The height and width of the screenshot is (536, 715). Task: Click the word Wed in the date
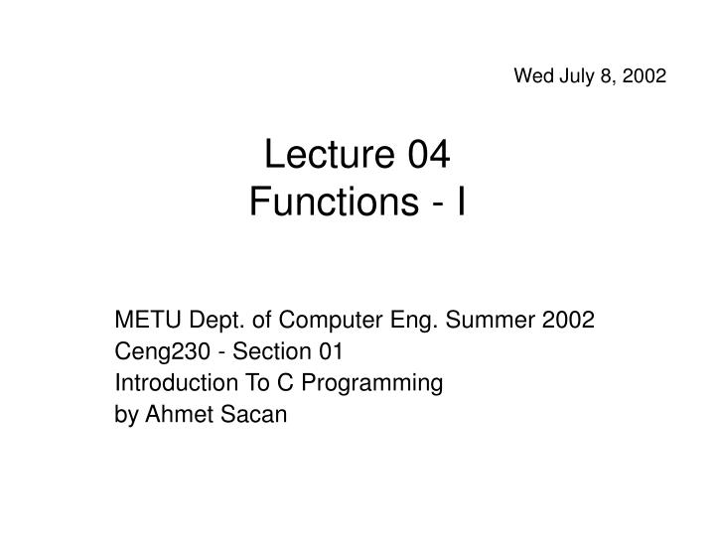pyautogui.click(x=531, y=74)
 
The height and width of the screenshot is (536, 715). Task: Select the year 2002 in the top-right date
pyautogui.click(x=644, y=74)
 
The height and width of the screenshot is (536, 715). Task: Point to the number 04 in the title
pyautogui.click(x=427, y=157)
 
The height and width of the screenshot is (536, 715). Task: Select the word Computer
pyautogui.click(x=327, y=320)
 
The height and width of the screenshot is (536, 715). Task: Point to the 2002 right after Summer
pyautogui.click(x=568, y=320)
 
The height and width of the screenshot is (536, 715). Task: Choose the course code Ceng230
pyautogui.click(x=155, y=351)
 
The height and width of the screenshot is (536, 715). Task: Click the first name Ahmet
pyautogui.click(x=176, y=415)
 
